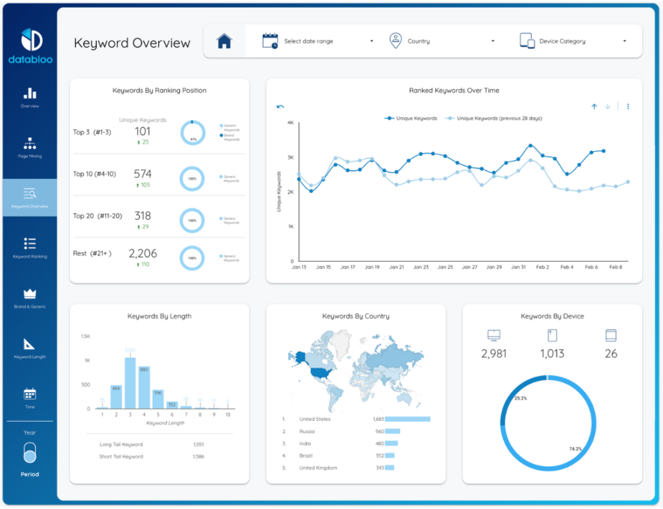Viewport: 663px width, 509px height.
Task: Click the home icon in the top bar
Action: click(x=224, y=41)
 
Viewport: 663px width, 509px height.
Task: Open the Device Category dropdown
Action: click(x=573, y=41)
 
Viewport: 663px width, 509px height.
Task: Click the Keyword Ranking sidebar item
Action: click(x=30, y=248)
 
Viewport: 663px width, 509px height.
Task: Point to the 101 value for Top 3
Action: click(x=142, y=132)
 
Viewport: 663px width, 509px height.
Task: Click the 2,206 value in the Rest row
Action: click(x=142, y=253)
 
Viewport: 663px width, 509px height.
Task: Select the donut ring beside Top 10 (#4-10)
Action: click(x=192, y=178)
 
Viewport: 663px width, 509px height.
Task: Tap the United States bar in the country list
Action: click(x=407, y=420)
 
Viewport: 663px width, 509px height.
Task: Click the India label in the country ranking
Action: click(x=305, y=444)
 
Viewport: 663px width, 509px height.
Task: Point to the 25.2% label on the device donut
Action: click(x=520, y=398)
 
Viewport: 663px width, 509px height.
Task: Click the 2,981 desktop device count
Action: click(x=494, y=354)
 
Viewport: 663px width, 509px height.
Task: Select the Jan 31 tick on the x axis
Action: click(x=519, y=267)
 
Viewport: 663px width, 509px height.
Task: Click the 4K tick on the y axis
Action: click(x=291, y=122)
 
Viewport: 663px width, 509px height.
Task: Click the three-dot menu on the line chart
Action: click(x=628, y=107)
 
